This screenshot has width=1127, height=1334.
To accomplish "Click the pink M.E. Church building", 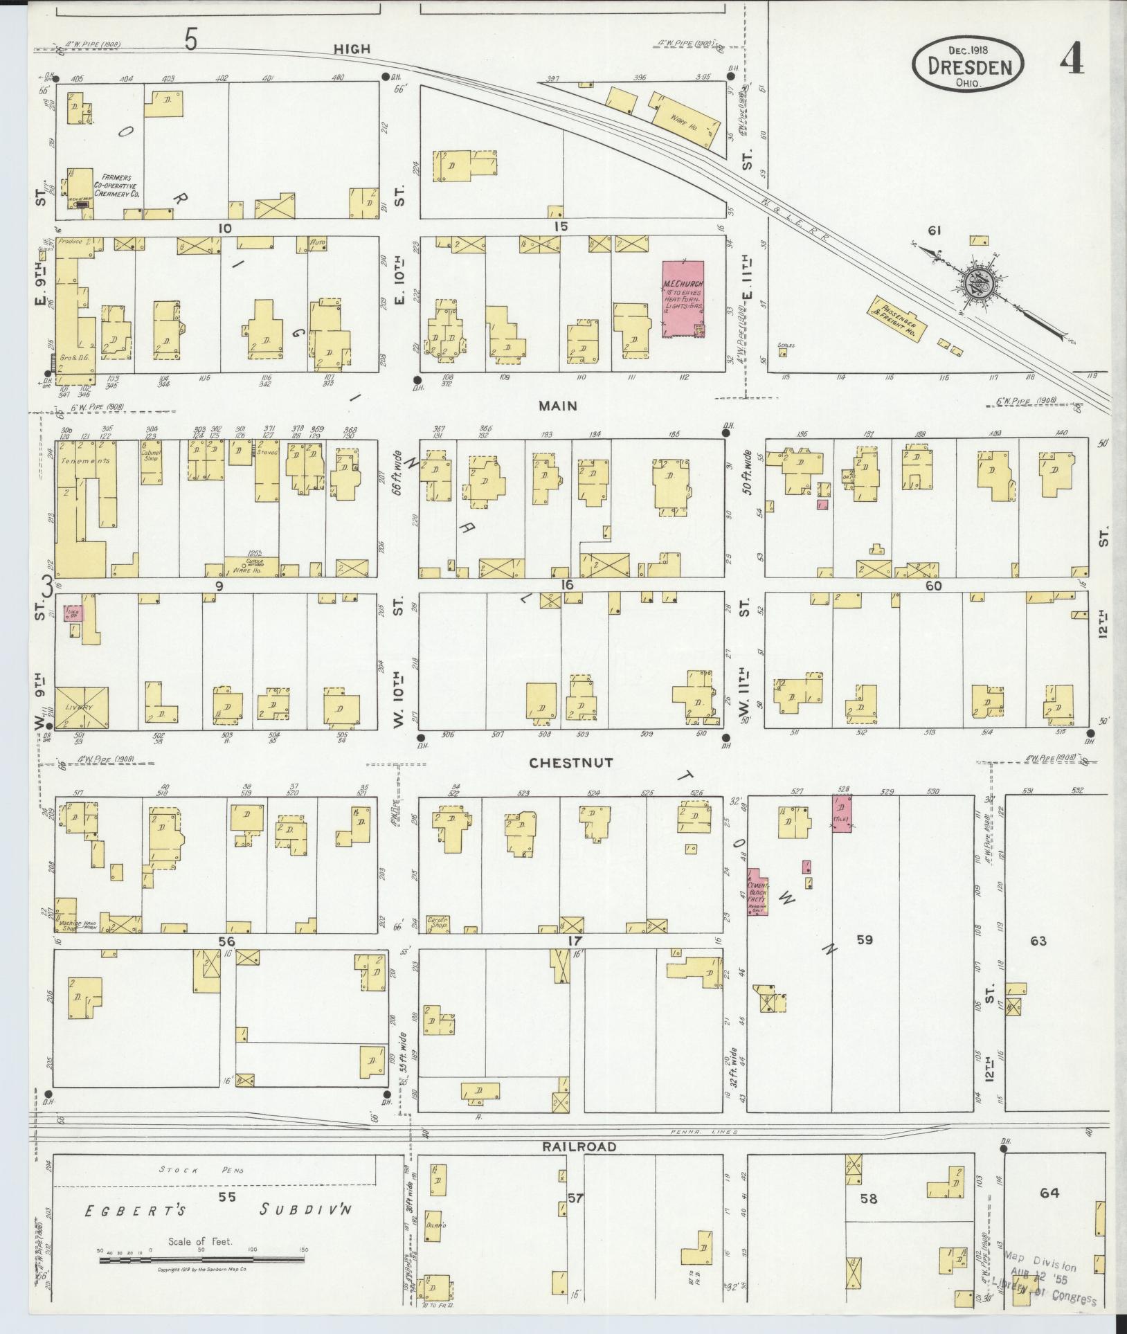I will pyautogui.click(x=683, y=298).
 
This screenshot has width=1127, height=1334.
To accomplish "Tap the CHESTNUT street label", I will pyautogui.click(x=571, y=763).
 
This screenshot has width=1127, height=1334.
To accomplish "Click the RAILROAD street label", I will pyautogui.click(x=580, y=1147).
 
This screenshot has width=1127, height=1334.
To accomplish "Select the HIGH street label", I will pyautogui.click(x=352, y=49).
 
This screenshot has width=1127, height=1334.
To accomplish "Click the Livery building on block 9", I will pyautogui.click(x=81, y=707).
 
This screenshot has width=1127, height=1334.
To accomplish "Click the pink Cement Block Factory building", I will pyautogui.click(x=756, y=892).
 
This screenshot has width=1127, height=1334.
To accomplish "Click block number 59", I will pyautogui.click(x=865, y=939).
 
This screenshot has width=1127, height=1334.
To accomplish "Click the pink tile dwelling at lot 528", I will pyautogui.click(x=842, y=813).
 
